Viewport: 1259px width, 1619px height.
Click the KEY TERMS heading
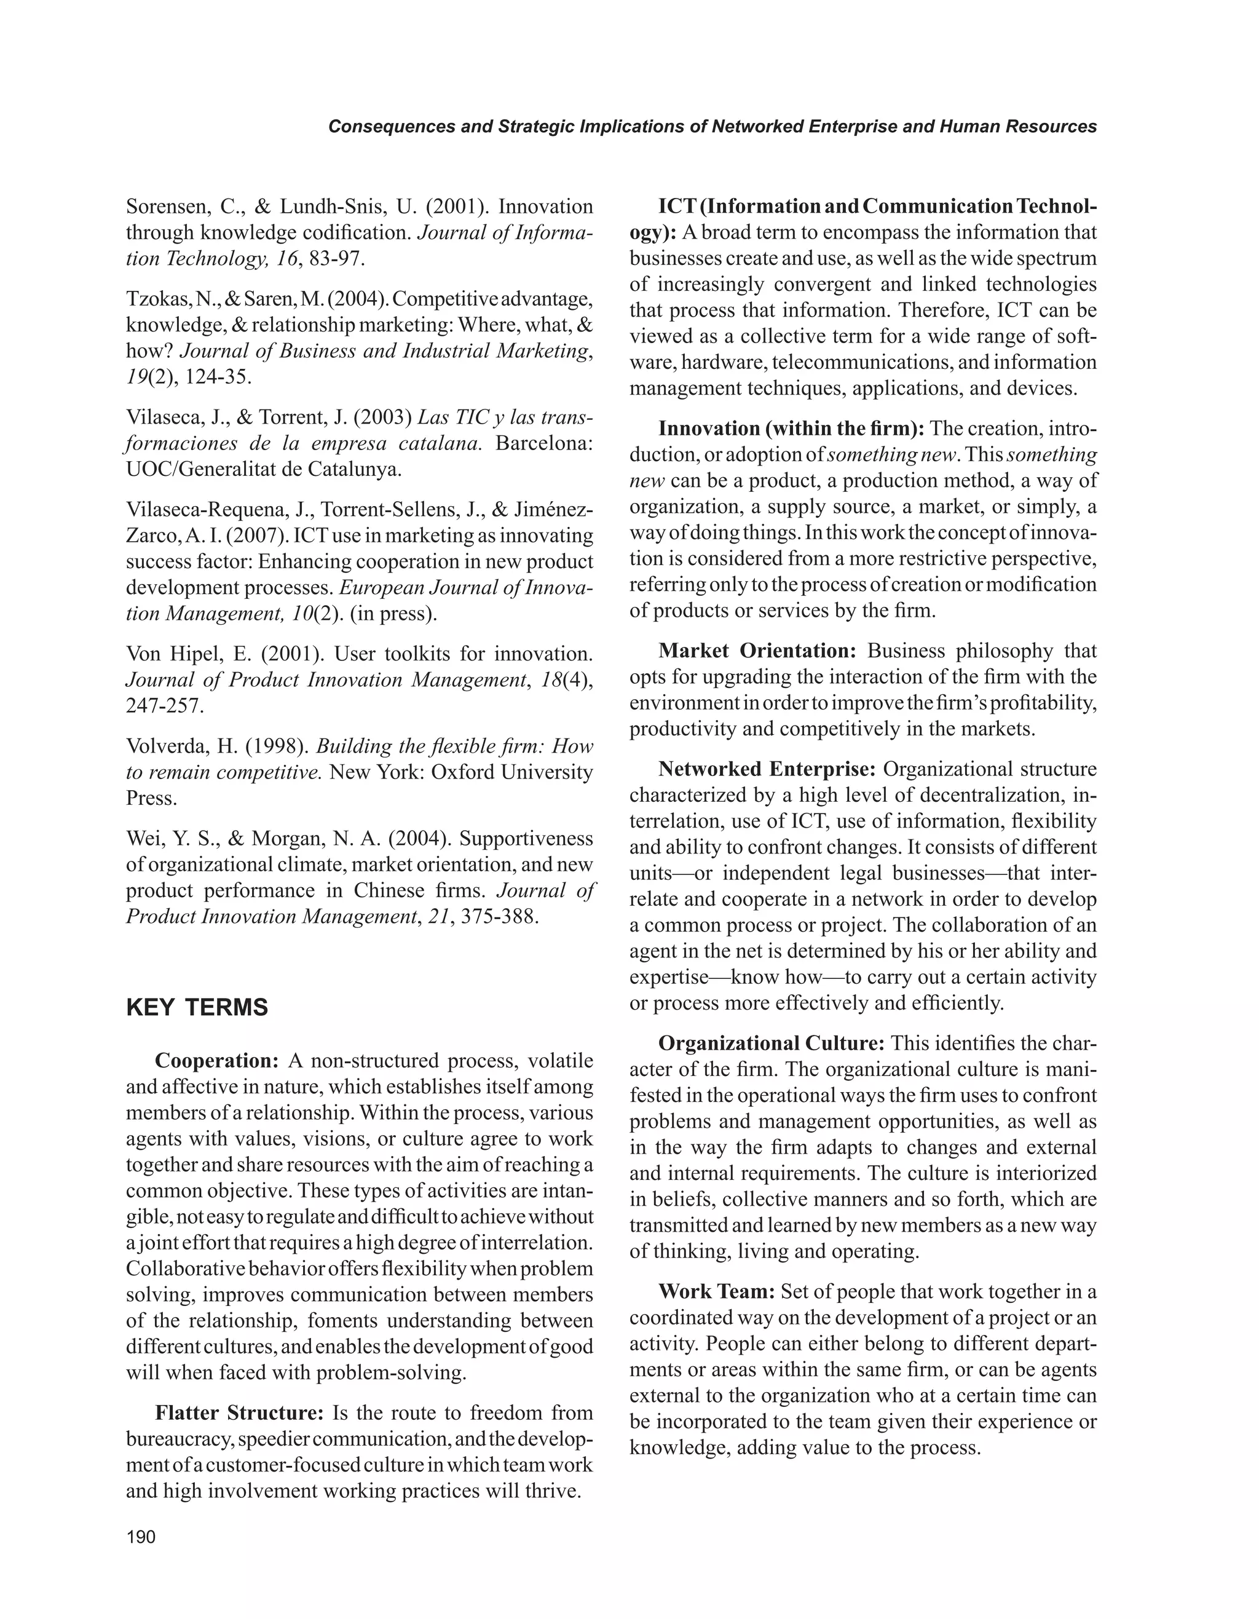click(197, 1008)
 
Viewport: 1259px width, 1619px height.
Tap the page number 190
click(141, 1537)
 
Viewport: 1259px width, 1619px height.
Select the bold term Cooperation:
click(216, 1061)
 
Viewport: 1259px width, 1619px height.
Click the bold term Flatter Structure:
click(239, 1413)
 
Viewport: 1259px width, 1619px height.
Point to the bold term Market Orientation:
click(757, 651)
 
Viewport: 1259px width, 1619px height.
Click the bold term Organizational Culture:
click(772, 1043)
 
